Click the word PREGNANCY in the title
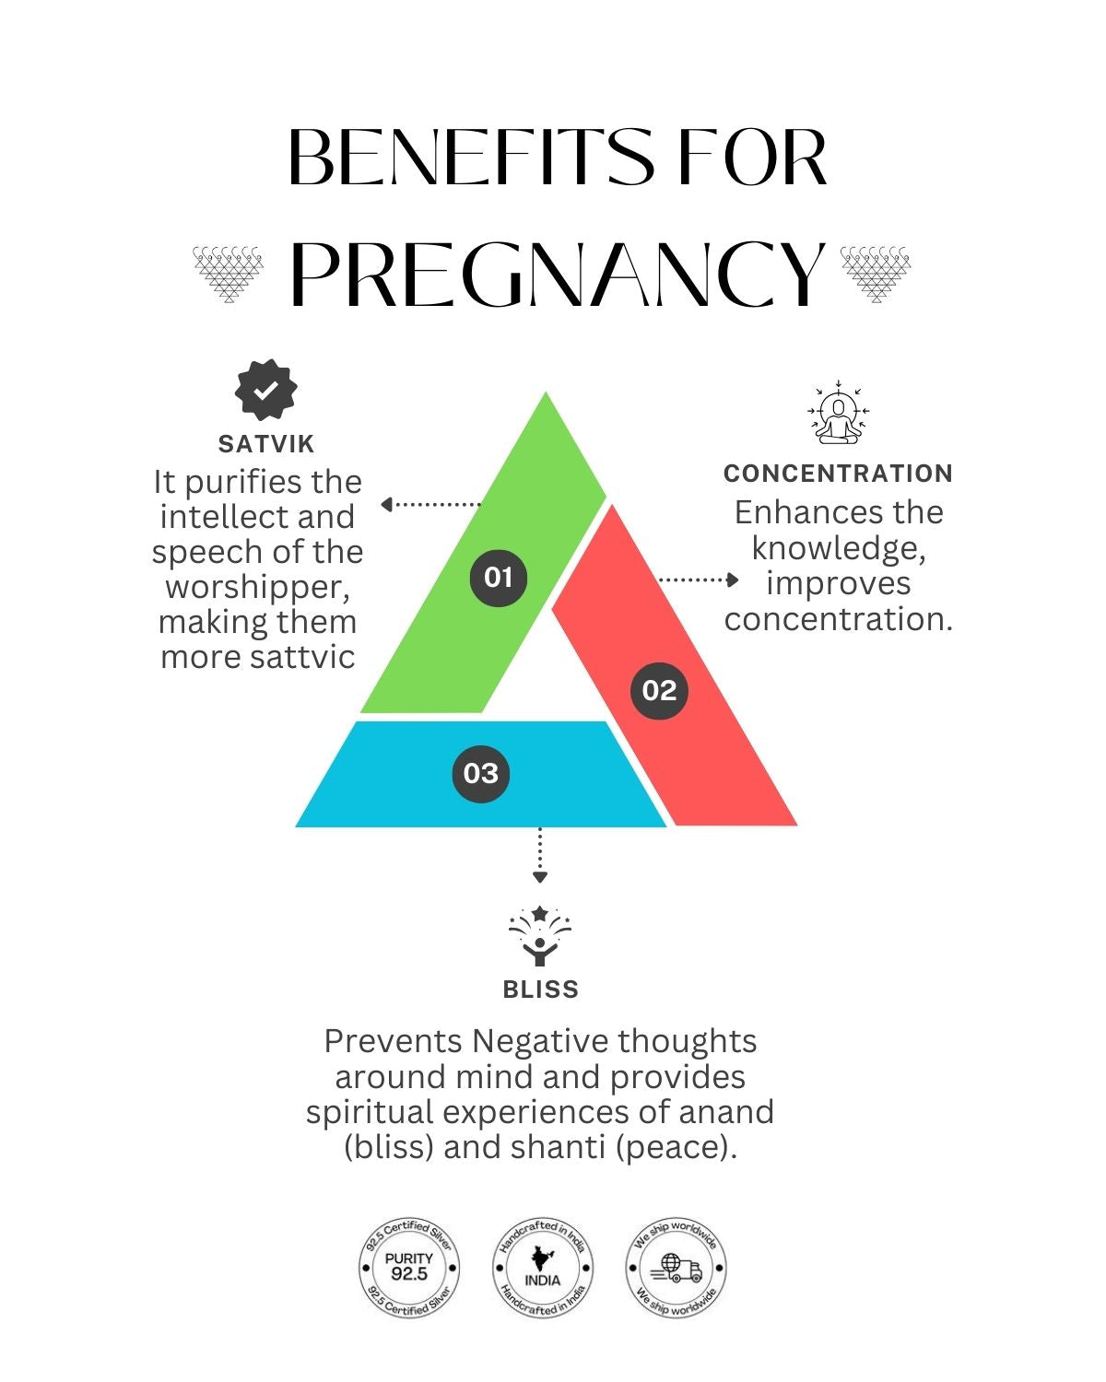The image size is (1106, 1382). pyautogui.click(x=558, y=274)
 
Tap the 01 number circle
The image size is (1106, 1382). pyautogui.click(x=498, y=578)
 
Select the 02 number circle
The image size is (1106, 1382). pyautogui.click(x=659, y=690)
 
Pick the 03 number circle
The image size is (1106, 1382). pyautogui.click(x=480, y=773)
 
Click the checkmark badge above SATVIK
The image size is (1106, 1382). pyautogui.click(x=265, y=391)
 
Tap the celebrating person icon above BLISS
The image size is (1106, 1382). pyautogui.click(x=540, y=936)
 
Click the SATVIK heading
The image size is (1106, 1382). pyautogui.click(x=266, y=444)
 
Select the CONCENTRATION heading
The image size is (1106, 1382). pyautogui.click(x=838, y=474)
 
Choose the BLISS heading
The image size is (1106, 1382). pyautogui.click(x=541, y=990)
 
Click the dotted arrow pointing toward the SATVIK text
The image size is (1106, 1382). pyautogui.click(x=430, y=504)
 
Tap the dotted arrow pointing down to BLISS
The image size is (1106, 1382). pyautogui.click(x=540, y=856)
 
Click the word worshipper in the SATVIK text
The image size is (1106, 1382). pyautogui.click(x=257, y=587)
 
